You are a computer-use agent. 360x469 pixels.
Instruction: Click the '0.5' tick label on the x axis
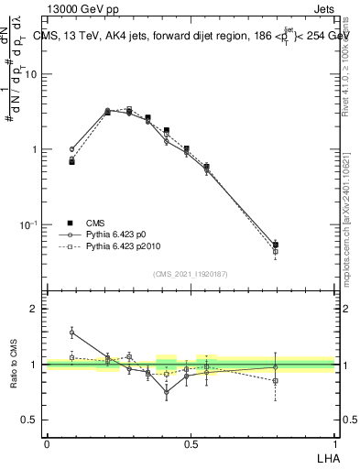coord(190,444)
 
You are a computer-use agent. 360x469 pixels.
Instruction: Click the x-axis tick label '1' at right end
coord(333,444)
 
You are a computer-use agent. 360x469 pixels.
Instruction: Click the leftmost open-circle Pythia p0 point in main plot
coord(72,148)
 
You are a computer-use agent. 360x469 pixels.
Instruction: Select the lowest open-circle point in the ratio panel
coord(167,392)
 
